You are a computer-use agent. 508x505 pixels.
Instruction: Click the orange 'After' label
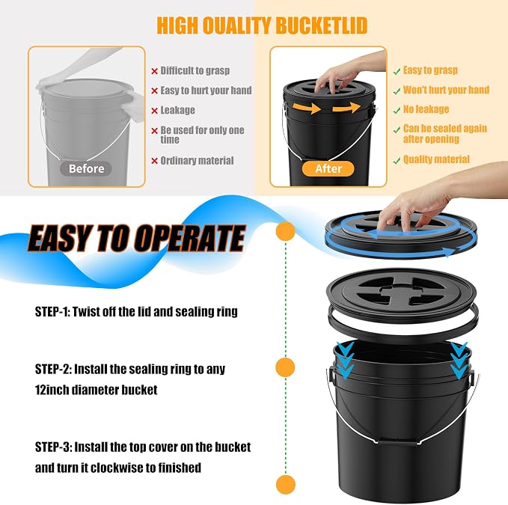point(328,169)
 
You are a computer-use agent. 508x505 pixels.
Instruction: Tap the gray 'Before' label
point(86,169)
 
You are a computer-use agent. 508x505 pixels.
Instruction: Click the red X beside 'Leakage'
point(155,111)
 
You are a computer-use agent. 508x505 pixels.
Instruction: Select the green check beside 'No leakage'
point(397,111)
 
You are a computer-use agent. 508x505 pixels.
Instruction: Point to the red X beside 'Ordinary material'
point(155,161)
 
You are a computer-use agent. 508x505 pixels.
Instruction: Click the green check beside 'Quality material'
point(397,161)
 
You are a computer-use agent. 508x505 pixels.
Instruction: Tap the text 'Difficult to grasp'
point(195,70)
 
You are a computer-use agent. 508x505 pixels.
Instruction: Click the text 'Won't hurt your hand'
point(446,90)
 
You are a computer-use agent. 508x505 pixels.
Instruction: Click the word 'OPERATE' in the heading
point(190,239)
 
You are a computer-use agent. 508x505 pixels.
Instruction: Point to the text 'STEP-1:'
point(52,312)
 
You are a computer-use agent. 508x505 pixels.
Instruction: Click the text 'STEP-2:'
point(53,369)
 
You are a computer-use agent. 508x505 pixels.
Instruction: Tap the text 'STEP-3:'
point(53,447)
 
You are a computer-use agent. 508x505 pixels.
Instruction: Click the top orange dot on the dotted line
point(286,231)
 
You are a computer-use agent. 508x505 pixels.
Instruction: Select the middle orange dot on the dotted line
point(286,367)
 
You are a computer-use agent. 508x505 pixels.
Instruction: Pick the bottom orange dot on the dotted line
point(286,485)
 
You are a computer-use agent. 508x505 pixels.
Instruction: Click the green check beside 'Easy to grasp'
point(397,72)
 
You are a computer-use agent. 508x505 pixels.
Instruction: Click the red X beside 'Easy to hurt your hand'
point(155,91)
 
